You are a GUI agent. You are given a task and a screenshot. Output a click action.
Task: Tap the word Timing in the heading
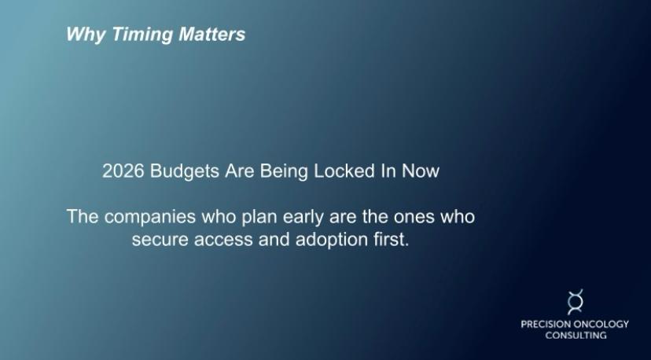pos(142,35)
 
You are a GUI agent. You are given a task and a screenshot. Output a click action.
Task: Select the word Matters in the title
pos(211,34)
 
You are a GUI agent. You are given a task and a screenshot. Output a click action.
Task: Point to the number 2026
pos(123,171)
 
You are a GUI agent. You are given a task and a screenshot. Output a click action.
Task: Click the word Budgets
pos(185,171)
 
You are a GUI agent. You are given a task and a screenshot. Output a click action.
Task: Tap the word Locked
pos(344,171)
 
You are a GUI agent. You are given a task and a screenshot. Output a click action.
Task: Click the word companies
pos(149,218)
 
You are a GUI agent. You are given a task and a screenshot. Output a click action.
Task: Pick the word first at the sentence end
pos(392,240)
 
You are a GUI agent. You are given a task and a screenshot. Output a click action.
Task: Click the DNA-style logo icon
pos(576,302)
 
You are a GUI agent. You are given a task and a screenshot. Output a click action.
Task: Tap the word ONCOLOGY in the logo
pos(601,324)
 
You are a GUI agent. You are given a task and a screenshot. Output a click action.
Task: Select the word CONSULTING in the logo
pos(576,335)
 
